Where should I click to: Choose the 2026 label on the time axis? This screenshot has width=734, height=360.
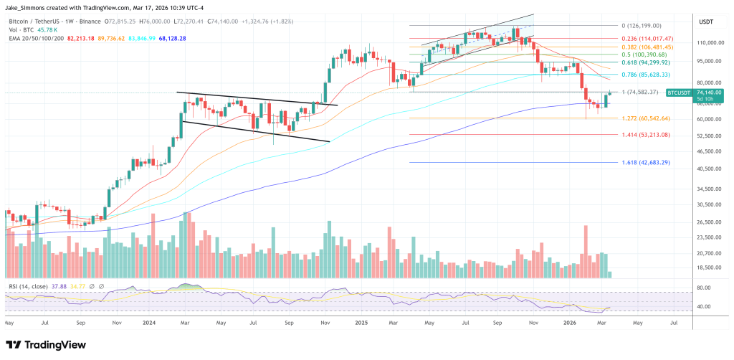pos(558,323)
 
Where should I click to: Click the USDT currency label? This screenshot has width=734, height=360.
pos(707,22)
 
